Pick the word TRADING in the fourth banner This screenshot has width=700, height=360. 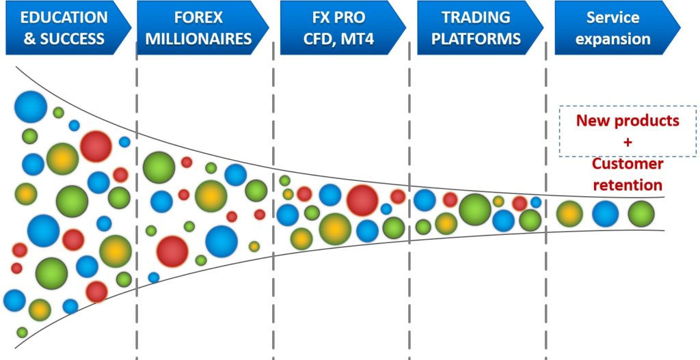pyautogui.click(x=476, y=18)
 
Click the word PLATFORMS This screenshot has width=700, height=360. pyautogui.click(x=476, y=39)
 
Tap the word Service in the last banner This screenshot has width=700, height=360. pyautogui.click(x=612, y=18)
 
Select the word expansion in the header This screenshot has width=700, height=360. pyautogui.click(x=612, y=39)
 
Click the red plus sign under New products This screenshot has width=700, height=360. pyautogui.click(x=628, y=142)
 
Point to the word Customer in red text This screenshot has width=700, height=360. pyautogui.click(x=628, y=164)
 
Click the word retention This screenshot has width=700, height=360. pyautogui.click(x=628, y=184)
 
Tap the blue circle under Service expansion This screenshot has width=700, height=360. pyautogui.click(x=606, y=214)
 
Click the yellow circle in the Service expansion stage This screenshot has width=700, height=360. pyautogui.click(x=569, y=214)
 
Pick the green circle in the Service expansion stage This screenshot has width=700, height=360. pyautogui.click(x=641, y=214)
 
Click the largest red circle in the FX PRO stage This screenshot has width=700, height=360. pyautogui.click(x=362, y=200)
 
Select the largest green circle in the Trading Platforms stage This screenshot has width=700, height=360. pyautogui.click(x=474, y=209)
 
